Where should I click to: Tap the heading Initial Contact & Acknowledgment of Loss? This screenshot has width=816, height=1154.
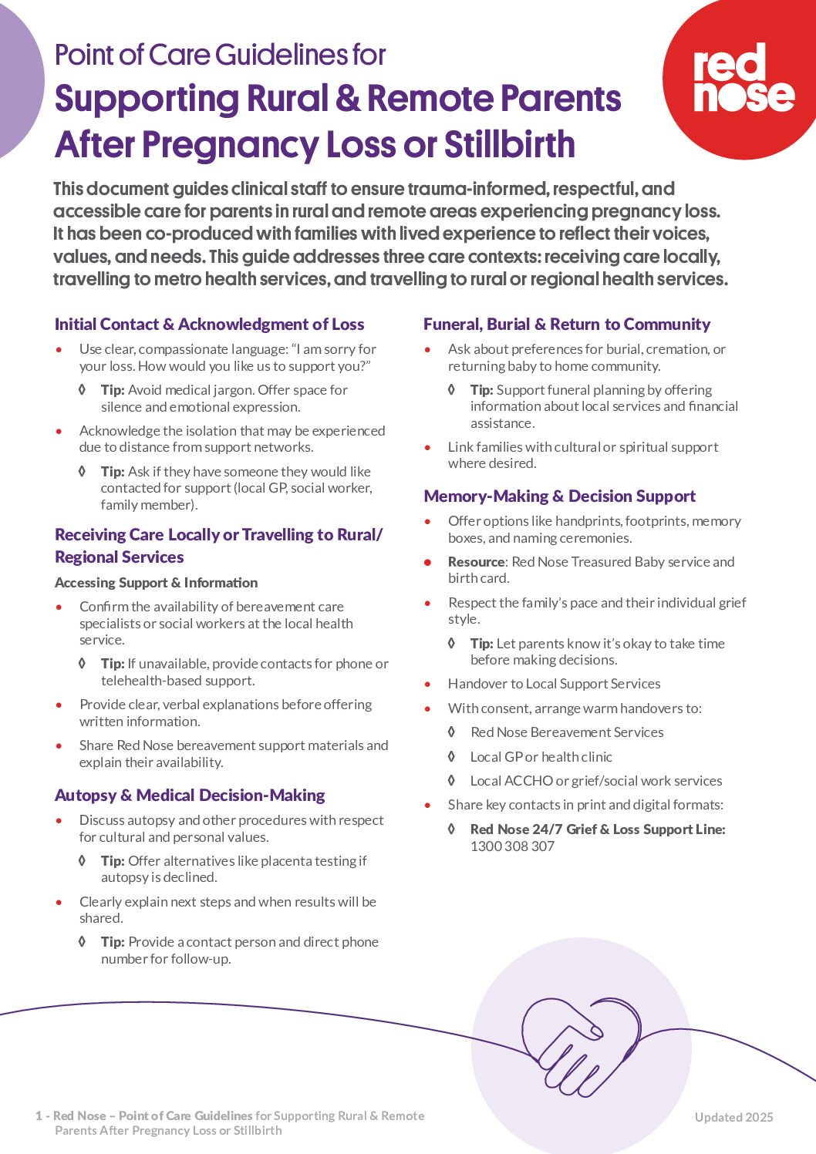(209, 325)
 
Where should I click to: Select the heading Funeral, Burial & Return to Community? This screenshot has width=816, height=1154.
(566, 325)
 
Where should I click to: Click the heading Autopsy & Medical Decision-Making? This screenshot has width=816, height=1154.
(190, 796)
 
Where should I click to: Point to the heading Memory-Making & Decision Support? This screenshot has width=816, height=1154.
(559, 496)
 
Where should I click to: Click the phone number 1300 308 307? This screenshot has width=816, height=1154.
(512, 846)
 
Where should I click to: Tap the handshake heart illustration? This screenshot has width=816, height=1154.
(581, 1045)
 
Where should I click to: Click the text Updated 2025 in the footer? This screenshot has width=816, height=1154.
(733, 1117)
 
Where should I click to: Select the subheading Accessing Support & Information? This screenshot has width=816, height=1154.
(156, 583)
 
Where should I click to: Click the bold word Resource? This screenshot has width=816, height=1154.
(476, 562)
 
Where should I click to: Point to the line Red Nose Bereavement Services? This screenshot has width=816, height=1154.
(566, 732)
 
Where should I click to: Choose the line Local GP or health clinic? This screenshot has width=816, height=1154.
(541, 757)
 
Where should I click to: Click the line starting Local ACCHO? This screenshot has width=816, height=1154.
(595, 781)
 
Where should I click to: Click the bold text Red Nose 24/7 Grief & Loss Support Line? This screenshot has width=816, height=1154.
(597, 829)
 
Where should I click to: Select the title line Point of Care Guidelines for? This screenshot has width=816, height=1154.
(220, 56)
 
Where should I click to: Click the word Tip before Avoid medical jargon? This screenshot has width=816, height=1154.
(112, 390)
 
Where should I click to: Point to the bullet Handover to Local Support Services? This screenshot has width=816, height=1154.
(554, 684)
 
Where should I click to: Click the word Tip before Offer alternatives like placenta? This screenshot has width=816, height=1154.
(112, 861)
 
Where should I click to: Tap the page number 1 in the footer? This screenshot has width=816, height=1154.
(39, 1115)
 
